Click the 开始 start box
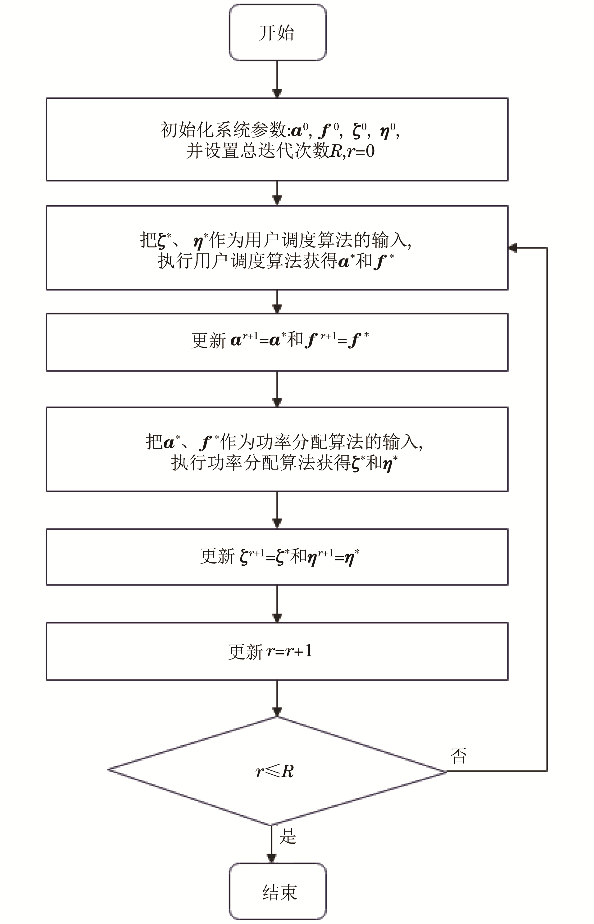click(277, 33)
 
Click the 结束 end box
click(277, 892)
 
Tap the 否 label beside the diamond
click(459, 763)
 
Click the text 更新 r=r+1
click(270, 651)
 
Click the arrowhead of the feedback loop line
click(513, 248)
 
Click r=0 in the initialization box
click(360, 151)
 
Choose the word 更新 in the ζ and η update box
click(217, 556)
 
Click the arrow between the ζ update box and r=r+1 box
click(277, 604)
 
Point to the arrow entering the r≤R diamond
click(277, 698)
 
